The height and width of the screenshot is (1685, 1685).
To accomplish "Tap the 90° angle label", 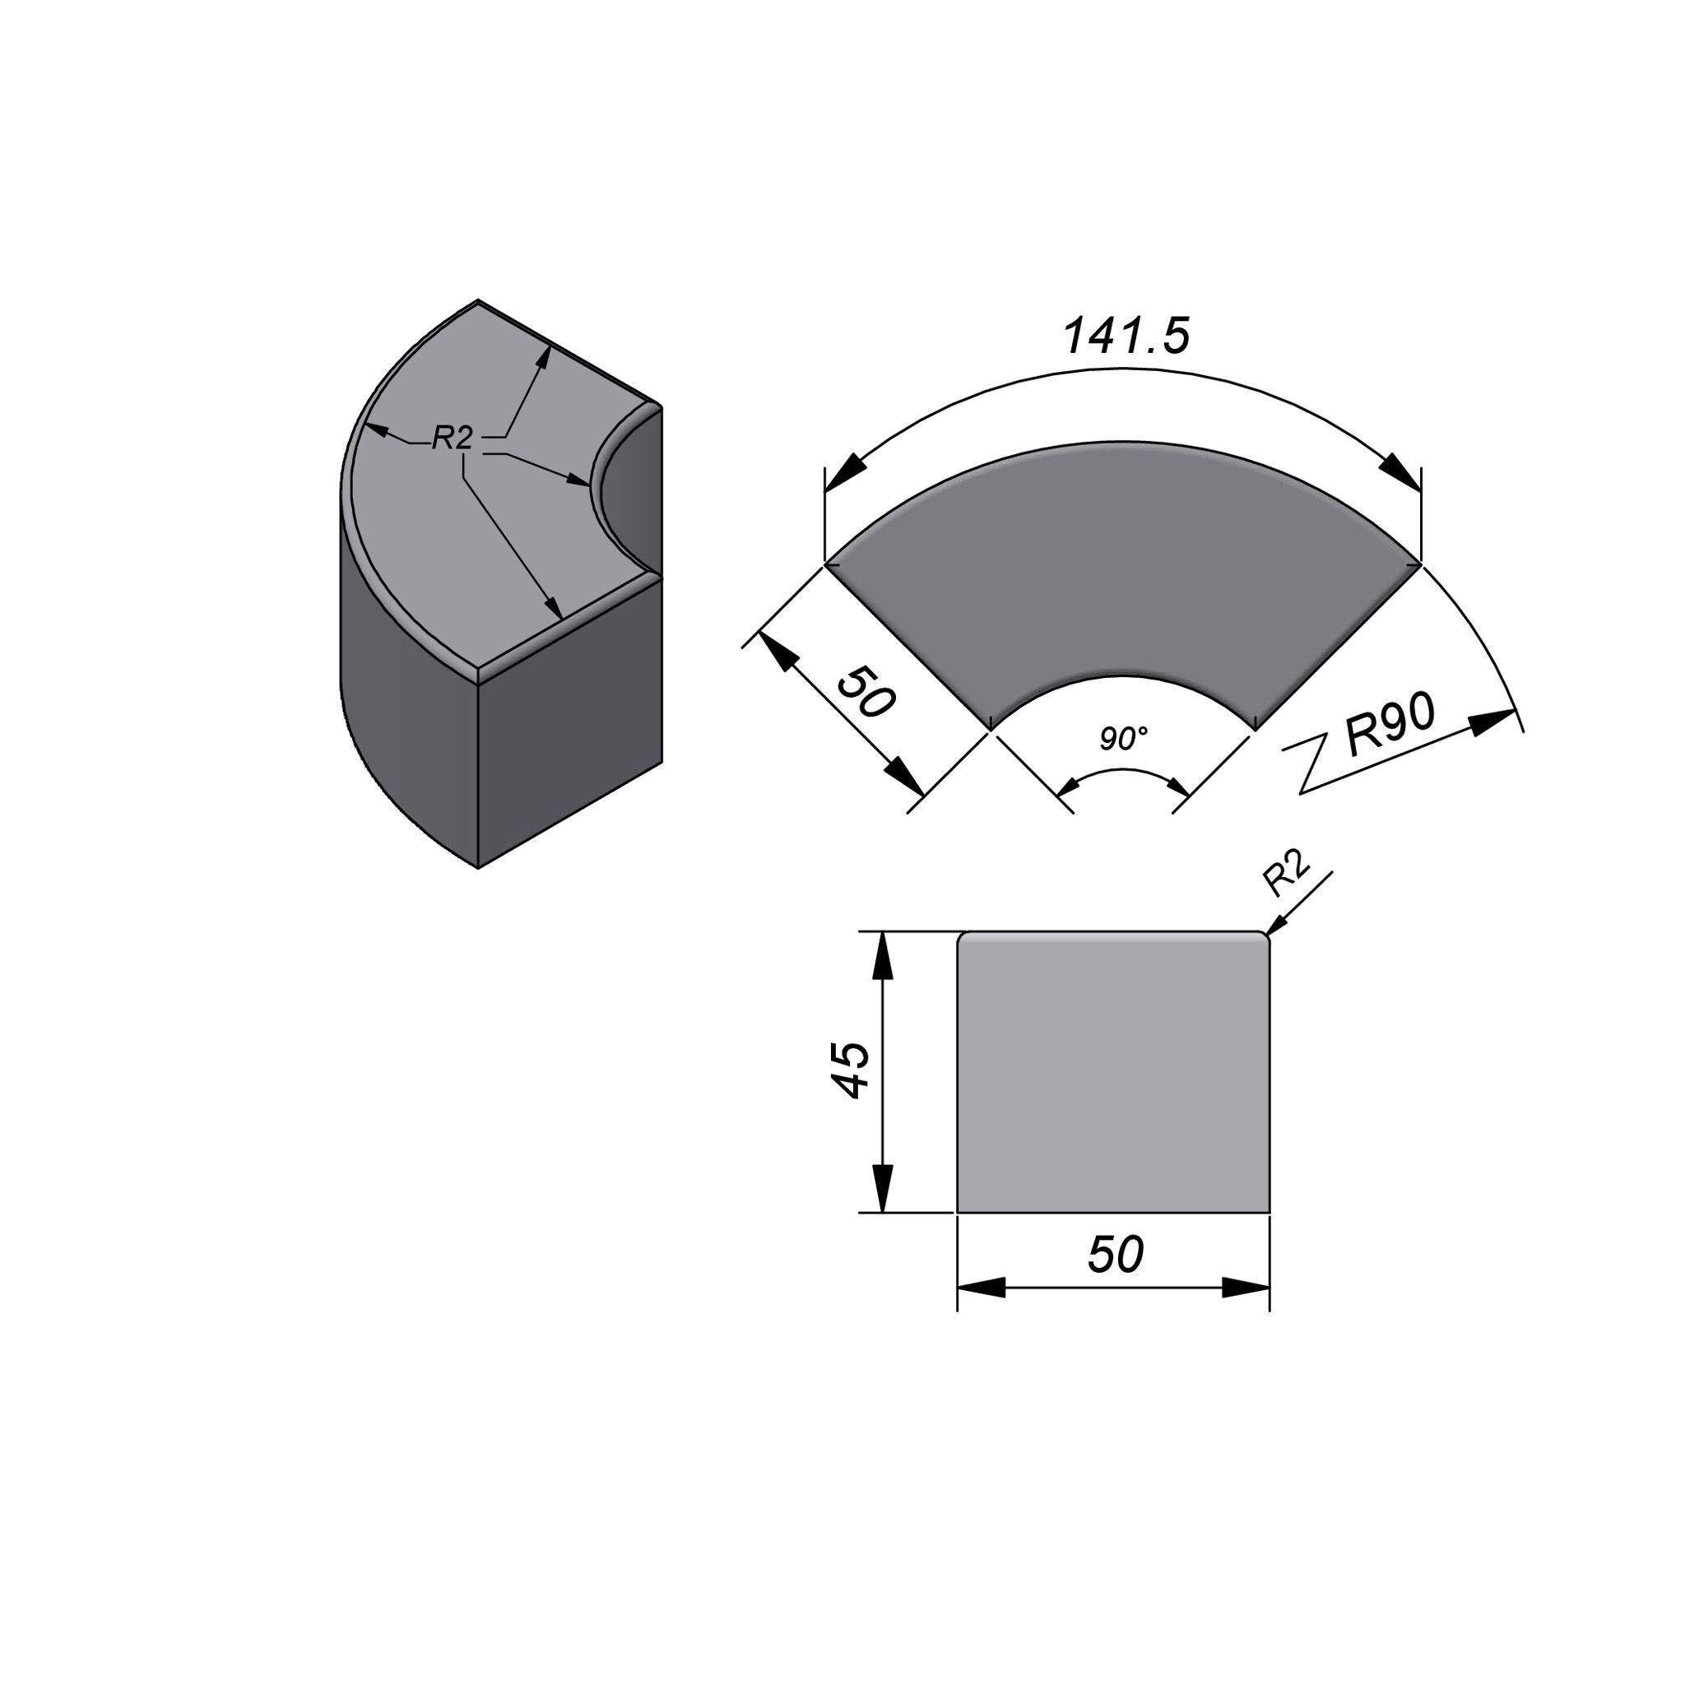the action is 1123,739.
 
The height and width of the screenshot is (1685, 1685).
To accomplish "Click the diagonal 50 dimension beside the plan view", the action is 866,692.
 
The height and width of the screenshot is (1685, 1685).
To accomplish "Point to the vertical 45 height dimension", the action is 847,1070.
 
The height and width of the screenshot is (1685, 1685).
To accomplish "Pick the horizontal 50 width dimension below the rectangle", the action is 1115,1255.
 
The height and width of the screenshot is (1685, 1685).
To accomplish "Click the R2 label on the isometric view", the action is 453,438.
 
